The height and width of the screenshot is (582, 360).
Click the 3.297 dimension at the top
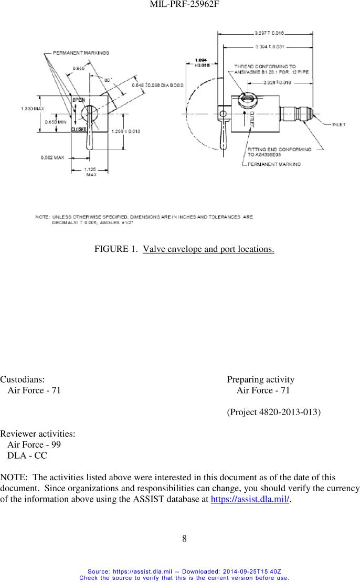[269, 33]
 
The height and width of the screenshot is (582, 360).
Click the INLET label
[339, 124]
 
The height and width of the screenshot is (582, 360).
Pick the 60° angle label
[108, 80]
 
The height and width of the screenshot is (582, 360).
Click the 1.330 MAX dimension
[32, 109]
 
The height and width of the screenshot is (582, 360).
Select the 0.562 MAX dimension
[52, 157]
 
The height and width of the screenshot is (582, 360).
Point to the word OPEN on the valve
[78, 100]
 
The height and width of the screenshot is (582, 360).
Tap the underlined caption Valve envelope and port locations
[208, 248]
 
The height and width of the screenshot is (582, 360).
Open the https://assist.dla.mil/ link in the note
[250, 500]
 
